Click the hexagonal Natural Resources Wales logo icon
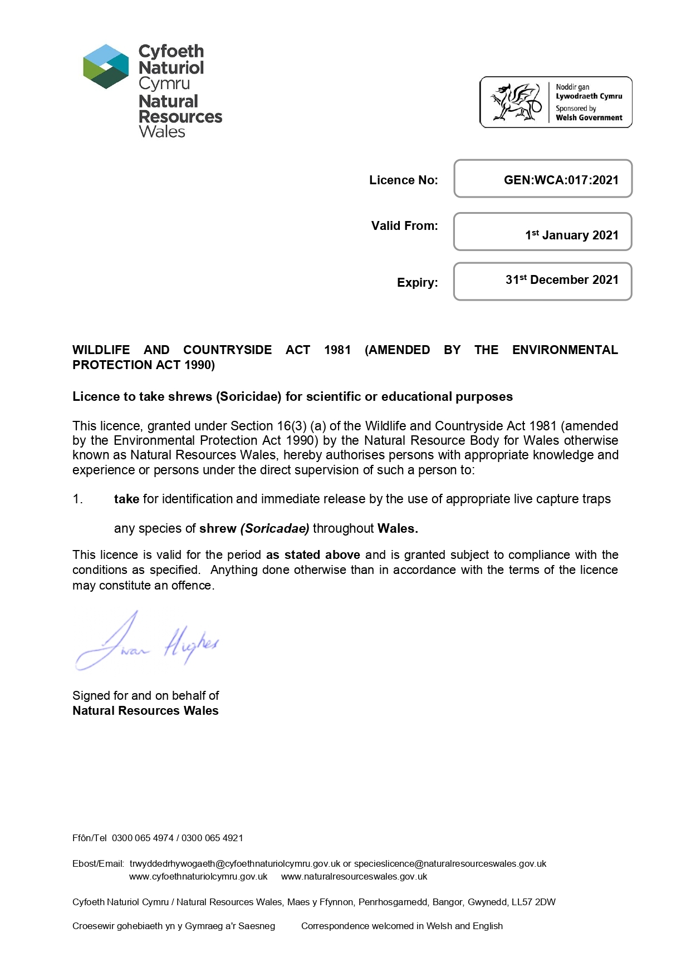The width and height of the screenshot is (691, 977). [x=106, y=66]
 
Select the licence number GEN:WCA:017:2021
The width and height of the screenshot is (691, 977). [x=561, y=180]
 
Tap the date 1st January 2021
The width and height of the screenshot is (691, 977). [x=571, y=235]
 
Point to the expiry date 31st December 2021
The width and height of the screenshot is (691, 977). [x=561, y=279]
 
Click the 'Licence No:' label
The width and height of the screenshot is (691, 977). [x=403, y=180]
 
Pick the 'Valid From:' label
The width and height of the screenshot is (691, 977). [x=404, y=225]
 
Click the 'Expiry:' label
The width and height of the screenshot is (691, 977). [x=417, y=282]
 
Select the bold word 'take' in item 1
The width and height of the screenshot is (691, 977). [x=126, y=499]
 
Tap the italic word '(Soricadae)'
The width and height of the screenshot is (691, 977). [x=275, y=528]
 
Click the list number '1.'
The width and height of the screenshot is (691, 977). [x=77, y=499]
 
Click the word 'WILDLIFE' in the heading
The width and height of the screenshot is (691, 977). [x=101, y=350]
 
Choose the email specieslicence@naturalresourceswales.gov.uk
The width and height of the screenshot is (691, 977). [x=450, y=863]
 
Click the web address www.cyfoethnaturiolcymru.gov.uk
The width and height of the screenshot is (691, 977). [x=198, y=876]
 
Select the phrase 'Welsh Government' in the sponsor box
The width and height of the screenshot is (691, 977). [x=589, y=117]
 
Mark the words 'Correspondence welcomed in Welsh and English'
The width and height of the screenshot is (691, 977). [x=401, y=926]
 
